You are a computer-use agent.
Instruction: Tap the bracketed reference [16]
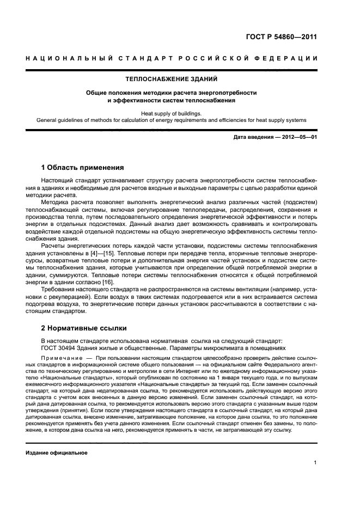107,282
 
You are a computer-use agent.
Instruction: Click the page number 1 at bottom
315,463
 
